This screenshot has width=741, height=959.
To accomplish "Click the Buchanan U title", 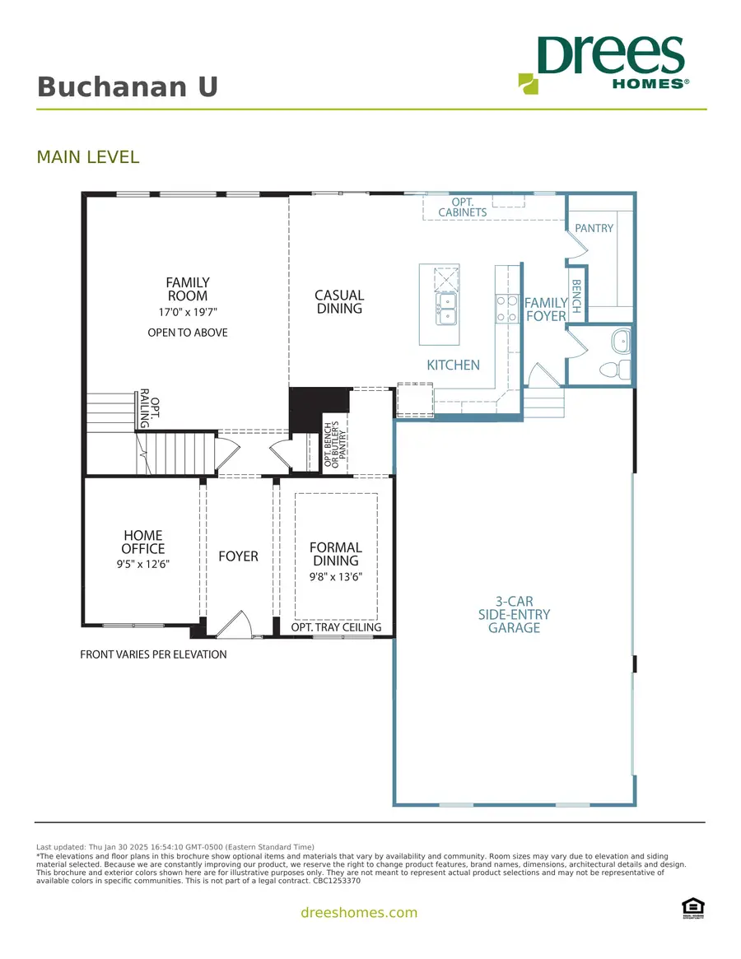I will tap(128, 86).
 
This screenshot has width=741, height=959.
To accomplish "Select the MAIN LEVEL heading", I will tap(88, 156).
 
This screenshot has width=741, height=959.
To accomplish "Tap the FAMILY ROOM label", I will tap(187, 289).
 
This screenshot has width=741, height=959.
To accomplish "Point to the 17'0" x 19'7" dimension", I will tap(187, 312).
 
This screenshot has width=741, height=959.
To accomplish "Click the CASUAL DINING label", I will tap(339, 301).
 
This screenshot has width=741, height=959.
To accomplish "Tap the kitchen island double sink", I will tap(445, 309).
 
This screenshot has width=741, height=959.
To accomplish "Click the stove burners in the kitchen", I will tap(505, 310).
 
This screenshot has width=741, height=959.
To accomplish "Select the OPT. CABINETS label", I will tap(462, 207).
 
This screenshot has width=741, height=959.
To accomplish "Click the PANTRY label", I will tap(594, 228).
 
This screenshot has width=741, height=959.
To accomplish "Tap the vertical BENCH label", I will tap(576, 296).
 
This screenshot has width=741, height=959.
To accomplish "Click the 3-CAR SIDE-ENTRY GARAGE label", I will tap(514, 614).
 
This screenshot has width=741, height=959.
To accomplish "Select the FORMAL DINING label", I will tap(335, 554).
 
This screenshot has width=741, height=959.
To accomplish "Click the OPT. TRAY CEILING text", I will tap(336, 627).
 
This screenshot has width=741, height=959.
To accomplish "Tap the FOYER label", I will tap(238, 556).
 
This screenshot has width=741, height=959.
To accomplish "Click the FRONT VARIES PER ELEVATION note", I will tap(153, 655).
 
